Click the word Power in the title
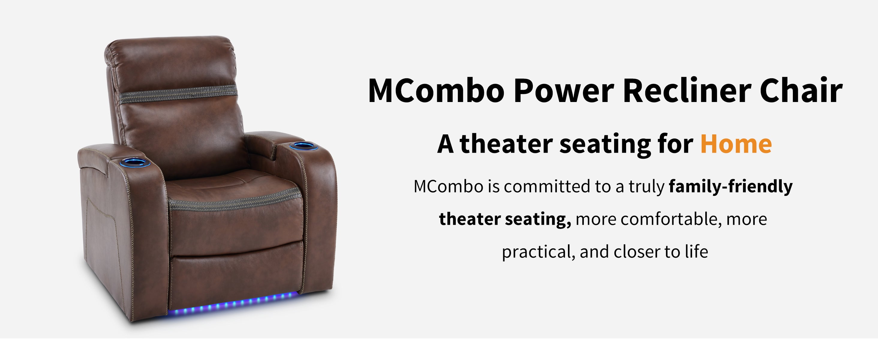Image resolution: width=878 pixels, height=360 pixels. click(x=563, y=91)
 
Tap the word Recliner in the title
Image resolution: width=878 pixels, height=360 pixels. click(x=687, y=91)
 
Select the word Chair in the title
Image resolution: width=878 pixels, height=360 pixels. click(x=801, y=91)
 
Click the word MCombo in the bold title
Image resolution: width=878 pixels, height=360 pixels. click(x=436, y=91)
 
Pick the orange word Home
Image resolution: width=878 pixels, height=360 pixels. click(x=736, y=144)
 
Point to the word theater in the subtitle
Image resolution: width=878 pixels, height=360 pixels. click(x=506, y=144)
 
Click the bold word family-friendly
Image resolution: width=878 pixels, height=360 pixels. click(x=731, y=187)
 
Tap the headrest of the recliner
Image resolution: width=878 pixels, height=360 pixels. click(x=170, y=63)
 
